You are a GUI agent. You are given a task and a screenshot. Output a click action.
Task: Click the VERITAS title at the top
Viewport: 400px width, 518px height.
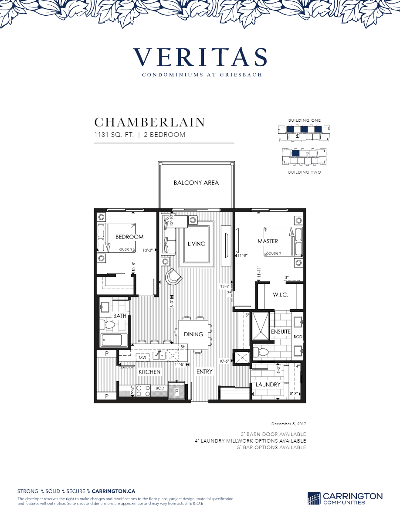point(200,57)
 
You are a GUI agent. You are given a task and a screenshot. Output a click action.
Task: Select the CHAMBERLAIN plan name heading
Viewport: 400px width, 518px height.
point(149,122)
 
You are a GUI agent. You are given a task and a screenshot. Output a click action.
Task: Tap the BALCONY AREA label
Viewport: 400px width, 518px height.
point(196,183)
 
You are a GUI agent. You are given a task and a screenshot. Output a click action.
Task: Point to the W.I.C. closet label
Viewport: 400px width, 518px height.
point(280,295)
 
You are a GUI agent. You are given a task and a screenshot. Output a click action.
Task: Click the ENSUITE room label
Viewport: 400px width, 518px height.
point(281,331)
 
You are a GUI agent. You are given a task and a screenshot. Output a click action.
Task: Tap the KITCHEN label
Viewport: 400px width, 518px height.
point(149,372)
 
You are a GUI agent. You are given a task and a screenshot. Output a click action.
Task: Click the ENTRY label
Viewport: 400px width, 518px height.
point(204,371)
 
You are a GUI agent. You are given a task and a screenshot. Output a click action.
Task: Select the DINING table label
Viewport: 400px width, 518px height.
point(193,334)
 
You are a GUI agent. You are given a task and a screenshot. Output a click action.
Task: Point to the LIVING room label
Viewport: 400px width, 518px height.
point(196,244)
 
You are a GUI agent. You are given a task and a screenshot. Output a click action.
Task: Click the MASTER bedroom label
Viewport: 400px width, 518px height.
point(268,241)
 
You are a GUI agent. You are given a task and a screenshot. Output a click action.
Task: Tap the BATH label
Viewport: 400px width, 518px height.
point(120,315)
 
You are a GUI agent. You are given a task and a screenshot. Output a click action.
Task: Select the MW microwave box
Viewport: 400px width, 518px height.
point(142,358)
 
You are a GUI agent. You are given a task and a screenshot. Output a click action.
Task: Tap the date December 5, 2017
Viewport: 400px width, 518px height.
point(288,424)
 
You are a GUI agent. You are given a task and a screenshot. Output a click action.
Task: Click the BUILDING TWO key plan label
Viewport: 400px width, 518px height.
point(305,173)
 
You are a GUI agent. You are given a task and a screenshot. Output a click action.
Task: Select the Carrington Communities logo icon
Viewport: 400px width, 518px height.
point(314,498)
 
